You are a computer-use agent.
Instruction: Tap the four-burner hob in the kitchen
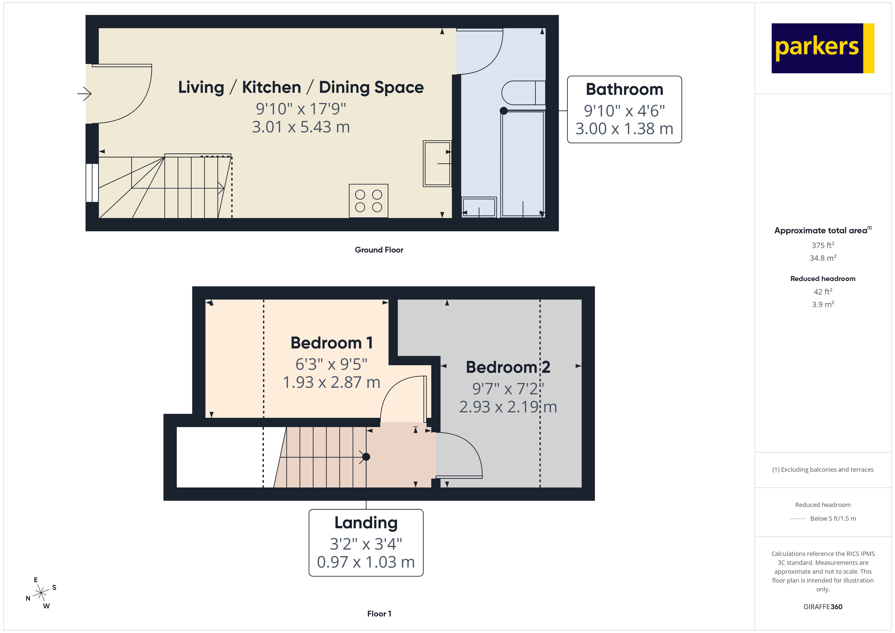coord(368,201)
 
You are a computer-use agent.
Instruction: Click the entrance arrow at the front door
coord(84,94)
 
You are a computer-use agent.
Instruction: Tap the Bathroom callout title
coord(624,89)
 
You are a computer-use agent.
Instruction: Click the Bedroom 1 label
coord(332,343)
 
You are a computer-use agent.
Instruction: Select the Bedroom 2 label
coord(508,367)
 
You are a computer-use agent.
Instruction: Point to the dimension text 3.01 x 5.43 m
coord(301,127)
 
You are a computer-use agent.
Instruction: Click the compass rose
coord(41,593)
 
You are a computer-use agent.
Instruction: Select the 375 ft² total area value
coord(822,245)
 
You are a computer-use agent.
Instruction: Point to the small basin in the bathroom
coord(479,207)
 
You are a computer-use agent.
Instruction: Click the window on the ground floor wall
coord(92,182)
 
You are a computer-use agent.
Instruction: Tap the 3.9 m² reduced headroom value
coord(822,304)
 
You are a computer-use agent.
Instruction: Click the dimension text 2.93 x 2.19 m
coord(508,407)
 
